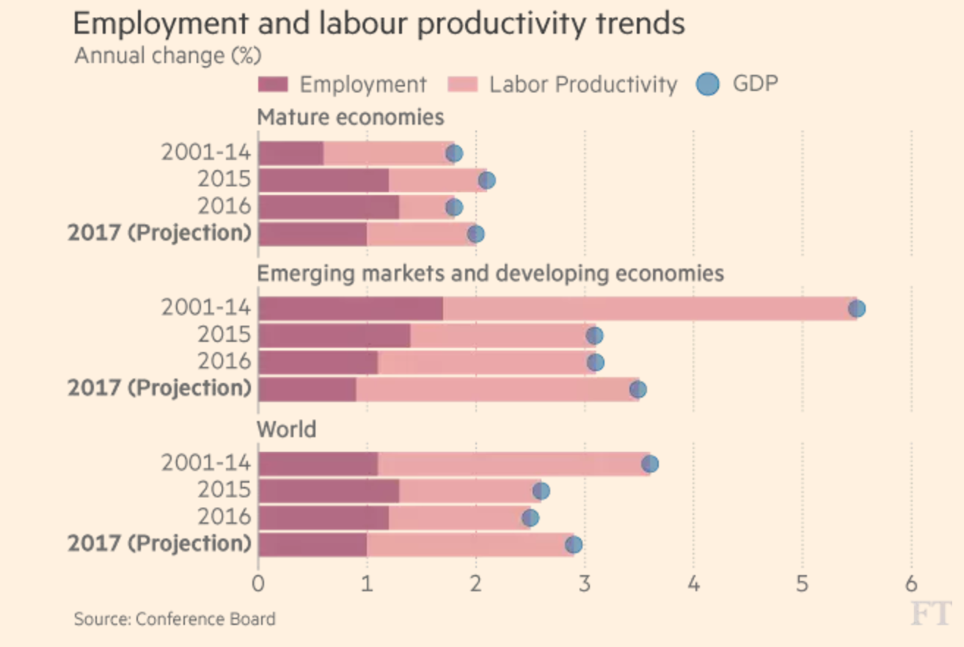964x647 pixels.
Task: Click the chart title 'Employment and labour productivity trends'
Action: tap(379, 23)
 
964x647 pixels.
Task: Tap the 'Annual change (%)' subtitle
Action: tap(168, 56)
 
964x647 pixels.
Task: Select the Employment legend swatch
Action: tap(273, 85)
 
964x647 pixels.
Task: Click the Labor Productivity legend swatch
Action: tap(462, 85)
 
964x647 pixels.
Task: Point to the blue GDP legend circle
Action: tap(708, 84)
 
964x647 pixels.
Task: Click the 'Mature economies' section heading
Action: tap(350, 117)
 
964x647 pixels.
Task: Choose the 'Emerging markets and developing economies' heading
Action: tap(490, 274)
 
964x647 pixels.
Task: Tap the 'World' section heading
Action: tap(286, 429)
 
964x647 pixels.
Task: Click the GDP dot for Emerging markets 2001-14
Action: tap(856, 309)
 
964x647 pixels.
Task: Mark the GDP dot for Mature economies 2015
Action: tap(486, 180)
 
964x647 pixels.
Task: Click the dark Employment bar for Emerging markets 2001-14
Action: tap(351, 309)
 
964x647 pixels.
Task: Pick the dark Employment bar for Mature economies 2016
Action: tap(329, 208)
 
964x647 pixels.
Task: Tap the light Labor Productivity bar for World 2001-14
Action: tap(514, 464)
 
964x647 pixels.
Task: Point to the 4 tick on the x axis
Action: tap(693, 585)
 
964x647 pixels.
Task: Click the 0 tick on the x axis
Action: tap(258, 585)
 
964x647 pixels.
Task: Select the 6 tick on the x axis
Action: tap(911, 585)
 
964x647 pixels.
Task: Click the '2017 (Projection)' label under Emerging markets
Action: tap(159, 388)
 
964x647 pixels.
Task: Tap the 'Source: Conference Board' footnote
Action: tap(175, 619)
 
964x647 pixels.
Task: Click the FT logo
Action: tap(930, 613)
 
